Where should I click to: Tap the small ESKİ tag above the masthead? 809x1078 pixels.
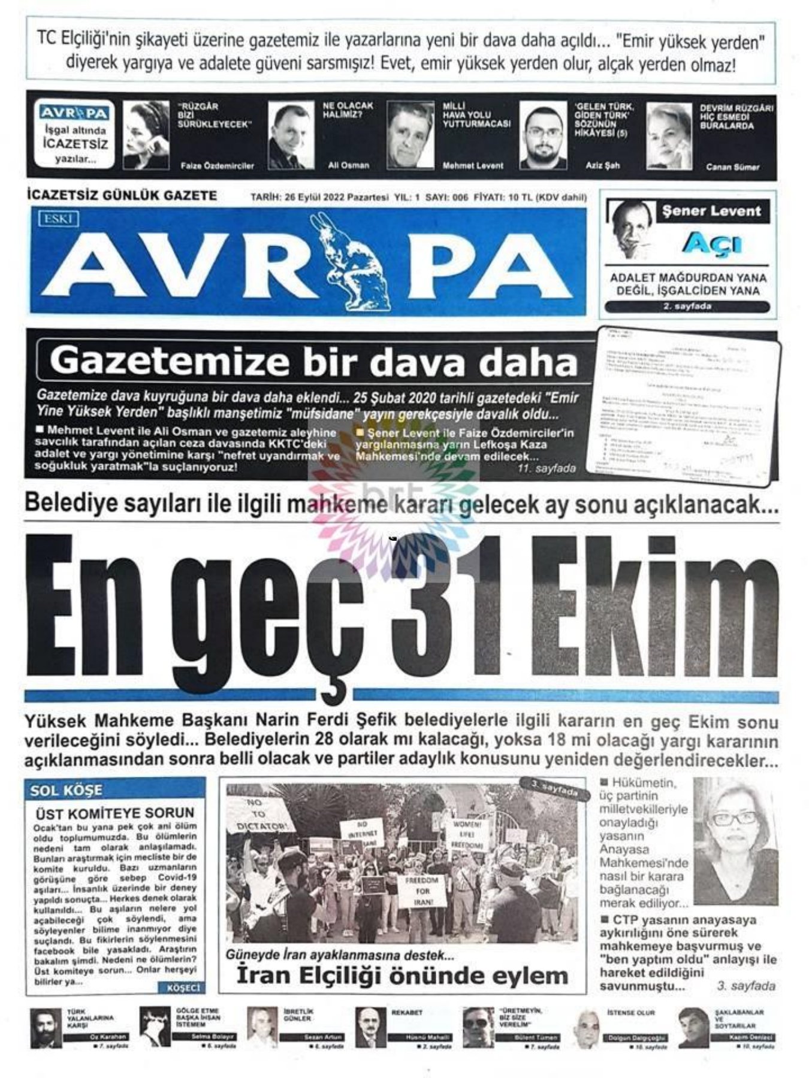(x=58, y=219)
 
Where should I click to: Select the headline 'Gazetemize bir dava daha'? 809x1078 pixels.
(x=313, y=362)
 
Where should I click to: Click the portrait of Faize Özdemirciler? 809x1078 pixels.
(x=146, y=135)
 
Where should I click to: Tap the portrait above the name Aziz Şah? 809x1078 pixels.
(x=543, y=135)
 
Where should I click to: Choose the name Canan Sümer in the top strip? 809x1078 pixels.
(x=732, y=167)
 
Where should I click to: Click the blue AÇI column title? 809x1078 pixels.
(x=711, y=244)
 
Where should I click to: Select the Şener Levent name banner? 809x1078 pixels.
(x=711, y=211)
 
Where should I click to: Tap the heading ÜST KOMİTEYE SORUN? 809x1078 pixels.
(x=115, y=813)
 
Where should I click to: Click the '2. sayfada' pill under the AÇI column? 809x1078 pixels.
(x=687, y=307)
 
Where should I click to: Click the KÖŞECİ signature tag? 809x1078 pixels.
(x=182, y=987)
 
